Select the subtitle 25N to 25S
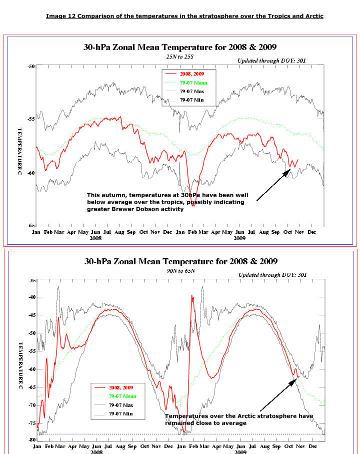180,57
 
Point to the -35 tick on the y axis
31,281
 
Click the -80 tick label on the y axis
31,439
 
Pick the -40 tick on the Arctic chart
31,297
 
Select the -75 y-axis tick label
31,423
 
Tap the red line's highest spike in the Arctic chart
191,296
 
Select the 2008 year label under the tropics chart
96,239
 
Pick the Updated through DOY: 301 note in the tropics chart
272,61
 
